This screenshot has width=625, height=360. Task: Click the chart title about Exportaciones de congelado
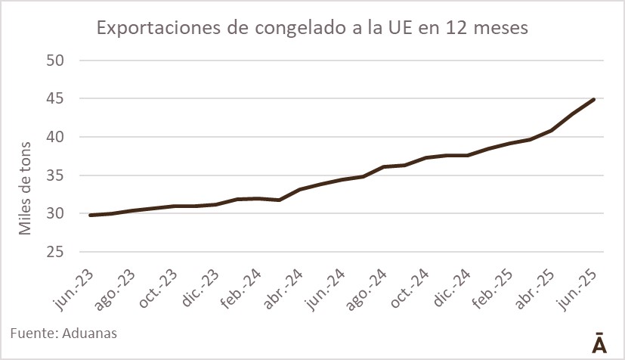coord(311,29)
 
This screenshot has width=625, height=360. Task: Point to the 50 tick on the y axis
coord(60,61)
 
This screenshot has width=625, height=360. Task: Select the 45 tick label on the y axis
coord(60,99)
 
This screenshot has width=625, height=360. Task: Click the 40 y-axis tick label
coord(60,138)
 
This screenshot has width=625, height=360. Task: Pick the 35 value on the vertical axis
coord(60,176)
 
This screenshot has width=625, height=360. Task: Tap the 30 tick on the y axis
coord(60,214)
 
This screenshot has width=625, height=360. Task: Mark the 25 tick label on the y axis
coord(60,253)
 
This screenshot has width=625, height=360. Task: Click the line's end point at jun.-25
coord(594,99)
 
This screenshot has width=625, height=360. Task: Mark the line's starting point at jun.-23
coord(90,215)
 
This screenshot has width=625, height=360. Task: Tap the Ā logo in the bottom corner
coord(598,341)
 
